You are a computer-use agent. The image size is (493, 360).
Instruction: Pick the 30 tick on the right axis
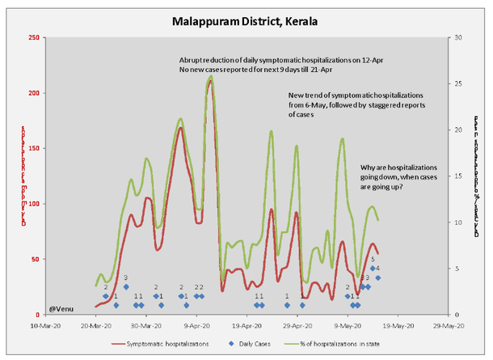tap(456, 38)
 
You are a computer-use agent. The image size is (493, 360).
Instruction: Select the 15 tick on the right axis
tap(456, 176)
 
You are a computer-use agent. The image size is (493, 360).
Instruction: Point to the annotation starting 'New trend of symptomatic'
tap(345, 105)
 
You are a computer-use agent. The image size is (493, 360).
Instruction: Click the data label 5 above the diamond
tap(373, 260)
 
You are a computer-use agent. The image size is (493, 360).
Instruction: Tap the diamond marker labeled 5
tap(373, 269)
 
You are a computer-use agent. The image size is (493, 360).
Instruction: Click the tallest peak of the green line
tap(210, 77)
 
